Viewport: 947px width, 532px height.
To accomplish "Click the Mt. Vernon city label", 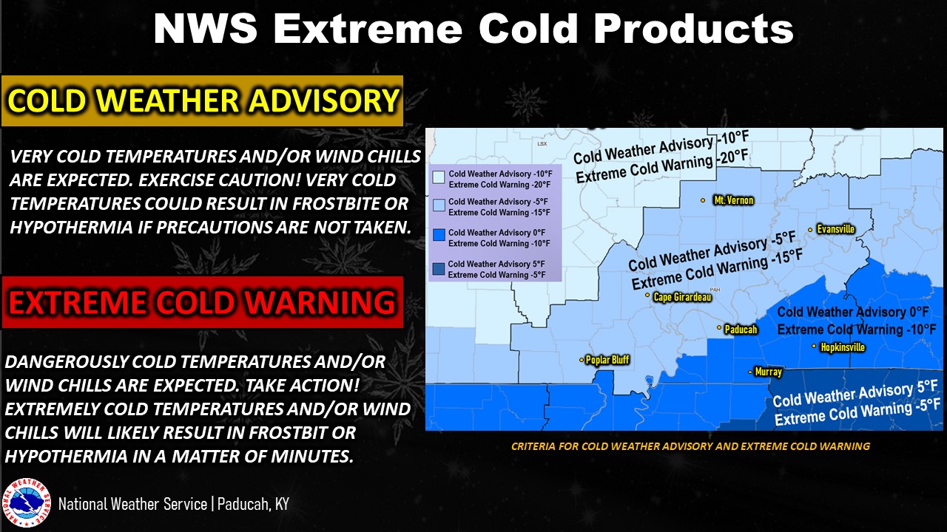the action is click(733, 200).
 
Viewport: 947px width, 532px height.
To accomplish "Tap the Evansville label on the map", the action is click(836, 229).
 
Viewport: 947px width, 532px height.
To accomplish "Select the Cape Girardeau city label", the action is click(682, 297).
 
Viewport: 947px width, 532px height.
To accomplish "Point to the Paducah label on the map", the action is click(741, 330).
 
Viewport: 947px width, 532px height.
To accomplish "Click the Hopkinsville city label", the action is click(843, 347).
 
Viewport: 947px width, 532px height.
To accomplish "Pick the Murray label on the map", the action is click(768, 372).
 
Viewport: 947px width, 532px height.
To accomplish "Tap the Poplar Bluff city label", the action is click(607, 360).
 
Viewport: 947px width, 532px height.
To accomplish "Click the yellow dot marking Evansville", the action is click(810, 230).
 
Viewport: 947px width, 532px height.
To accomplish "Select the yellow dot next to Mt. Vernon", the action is click(703, 200).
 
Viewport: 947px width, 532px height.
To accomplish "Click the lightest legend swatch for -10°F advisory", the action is click(439, 177).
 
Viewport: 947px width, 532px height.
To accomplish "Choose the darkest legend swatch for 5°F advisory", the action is click(439, 269).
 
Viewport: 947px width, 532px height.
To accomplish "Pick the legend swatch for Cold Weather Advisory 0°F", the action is click(439, 235).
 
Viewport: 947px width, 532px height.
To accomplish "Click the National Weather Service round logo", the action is click(26, 503).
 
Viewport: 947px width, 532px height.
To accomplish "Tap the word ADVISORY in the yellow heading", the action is click(323, 100).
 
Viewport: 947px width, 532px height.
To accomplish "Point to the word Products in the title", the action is click(693, 29).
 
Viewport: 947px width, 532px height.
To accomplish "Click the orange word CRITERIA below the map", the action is click(532, 446).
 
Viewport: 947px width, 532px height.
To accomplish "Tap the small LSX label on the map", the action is click(542, 143).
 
